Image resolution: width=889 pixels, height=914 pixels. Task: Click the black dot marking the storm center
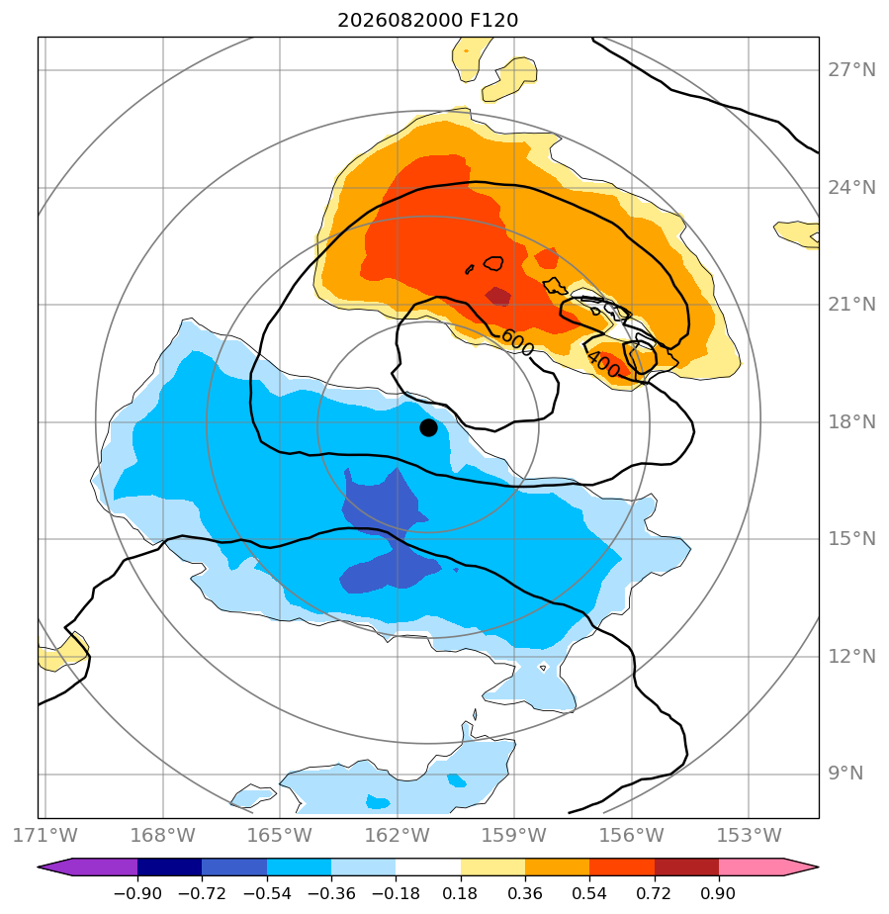tap(428, 428)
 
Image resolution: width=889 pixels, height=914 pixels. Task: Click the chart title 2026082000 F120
tap(427, 21)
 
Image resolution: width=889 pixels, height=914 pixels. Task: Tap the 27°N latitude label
tap(851, 70)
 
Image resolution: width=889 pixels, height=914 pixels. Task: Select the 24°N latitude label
tap(851, 188)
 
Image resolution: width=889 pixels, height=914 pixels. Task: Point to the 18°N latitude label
tap(851, 421)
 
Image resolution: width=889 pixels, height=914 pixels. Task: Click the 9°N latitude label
tap(845, 773)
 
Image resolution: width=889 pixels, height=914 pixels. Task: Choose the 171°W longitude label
tap(44, 835)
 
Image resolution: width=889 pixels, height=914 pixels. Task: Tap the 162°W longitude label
tap(397, 835)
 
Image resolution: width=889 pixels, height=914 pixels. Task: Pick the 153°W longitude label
tap(749, 835)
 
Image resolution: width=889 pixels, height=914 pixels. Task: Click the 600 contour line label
tap(517, 342)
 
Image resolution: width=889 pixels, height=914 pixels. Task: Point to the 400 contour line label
tap(603, 364)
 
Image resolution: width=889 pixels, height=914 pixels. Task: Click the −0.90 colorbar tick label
tap(137, 893)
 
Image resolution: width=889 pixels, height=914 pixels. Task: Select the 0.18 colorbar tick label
tap(460, 893)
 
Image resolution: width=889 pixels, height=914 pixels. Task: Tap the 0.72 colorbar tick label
tap(655, 893)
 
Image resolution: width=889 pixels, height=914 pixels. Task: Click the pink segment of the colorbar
tap(751, 867)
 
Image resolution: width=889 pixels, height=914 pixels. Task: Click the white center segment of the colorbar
tap(428, 867)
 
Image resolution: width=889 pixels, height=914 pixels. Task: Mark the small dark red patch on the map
tap(498, 296)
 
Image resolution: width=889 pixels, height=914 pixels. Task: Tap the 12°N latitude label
tap(851, 657)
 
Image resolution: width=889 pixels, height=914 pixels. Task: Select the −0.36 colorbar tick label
tap(331, 893)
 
